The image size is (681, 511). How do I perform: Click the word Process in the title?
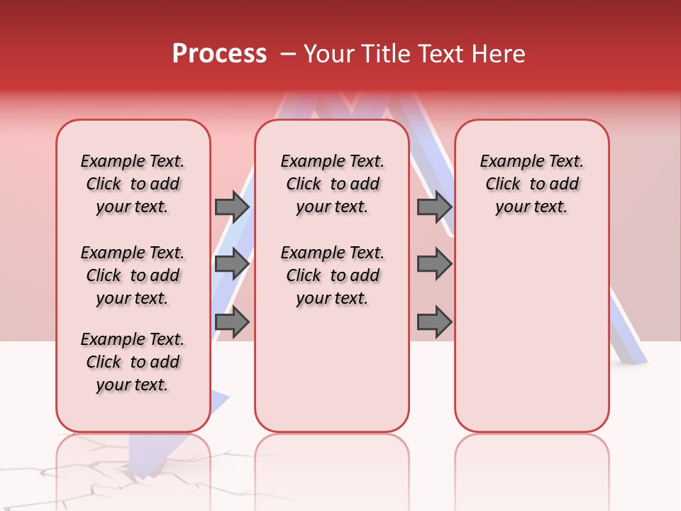point(219,53)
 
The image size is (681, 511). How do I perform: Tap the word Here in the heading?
point(499,54)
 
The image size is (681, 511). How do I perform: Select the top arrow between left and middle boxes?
point(232,207)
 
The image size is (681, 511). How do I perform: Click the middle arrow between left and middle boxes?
point(232,264)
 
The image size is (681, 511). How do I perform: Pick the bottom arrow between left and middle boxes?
point(232,322)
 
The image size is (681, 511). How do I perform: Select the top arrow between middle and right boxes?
point(434,207)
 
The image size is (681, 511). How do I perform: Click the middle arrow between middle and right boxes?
point(434,264)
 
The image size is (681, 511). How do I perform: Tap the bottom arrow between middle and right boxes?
point(434,322)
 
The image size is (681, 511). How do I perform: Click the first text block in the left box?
point(133,184)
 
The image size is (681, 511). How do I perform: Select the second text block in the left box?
point(133,275)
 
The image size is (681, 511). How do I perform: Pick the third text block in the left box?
point(133,362)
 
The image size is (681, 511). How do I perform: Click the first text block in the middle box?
point(332,184)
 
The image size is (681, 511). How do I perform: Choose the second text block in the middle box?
point(332,275)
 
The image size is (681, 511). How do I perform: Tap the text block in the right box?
point(531,184)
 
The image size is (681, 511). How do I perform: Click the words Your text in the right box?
point(531,207)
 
